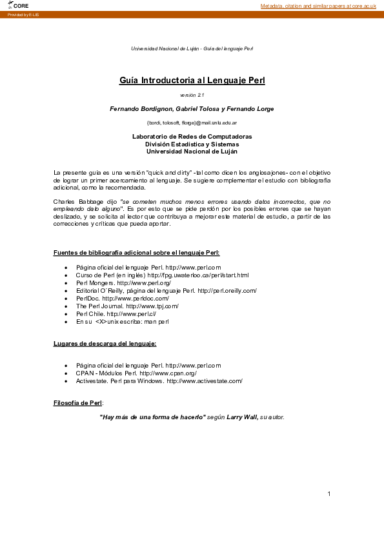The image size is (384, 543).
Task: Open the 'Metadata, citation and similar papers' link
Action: (x=318, y=6)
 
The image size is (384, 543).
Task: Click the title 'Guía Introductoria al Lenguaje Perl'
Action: (x=192, y=81)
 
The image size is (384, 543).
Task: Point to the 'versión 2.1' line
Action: (x=192, y=95)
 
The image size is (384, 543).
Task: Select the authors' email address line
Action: (x=192, y=123)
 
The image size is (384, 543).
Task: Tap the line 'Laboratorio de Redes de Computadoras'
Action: (x=192, y=137)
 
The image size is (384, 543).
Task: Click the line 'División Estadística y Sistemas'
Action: (x=192, y=144)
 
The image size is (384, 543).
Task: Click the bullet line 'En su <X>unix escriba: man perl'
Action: (x=122, y=321)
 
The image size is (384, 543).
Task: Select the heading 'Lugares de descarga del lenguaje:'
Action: (x=105, y=343)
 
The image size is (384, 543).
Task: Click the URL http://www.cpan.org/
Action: (x=168, y=373)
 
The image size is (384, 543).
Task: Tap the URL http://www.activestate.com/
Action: (x=205, y=381)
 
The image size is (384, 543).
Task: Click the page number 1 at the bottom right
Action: (x=329, y=494)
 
